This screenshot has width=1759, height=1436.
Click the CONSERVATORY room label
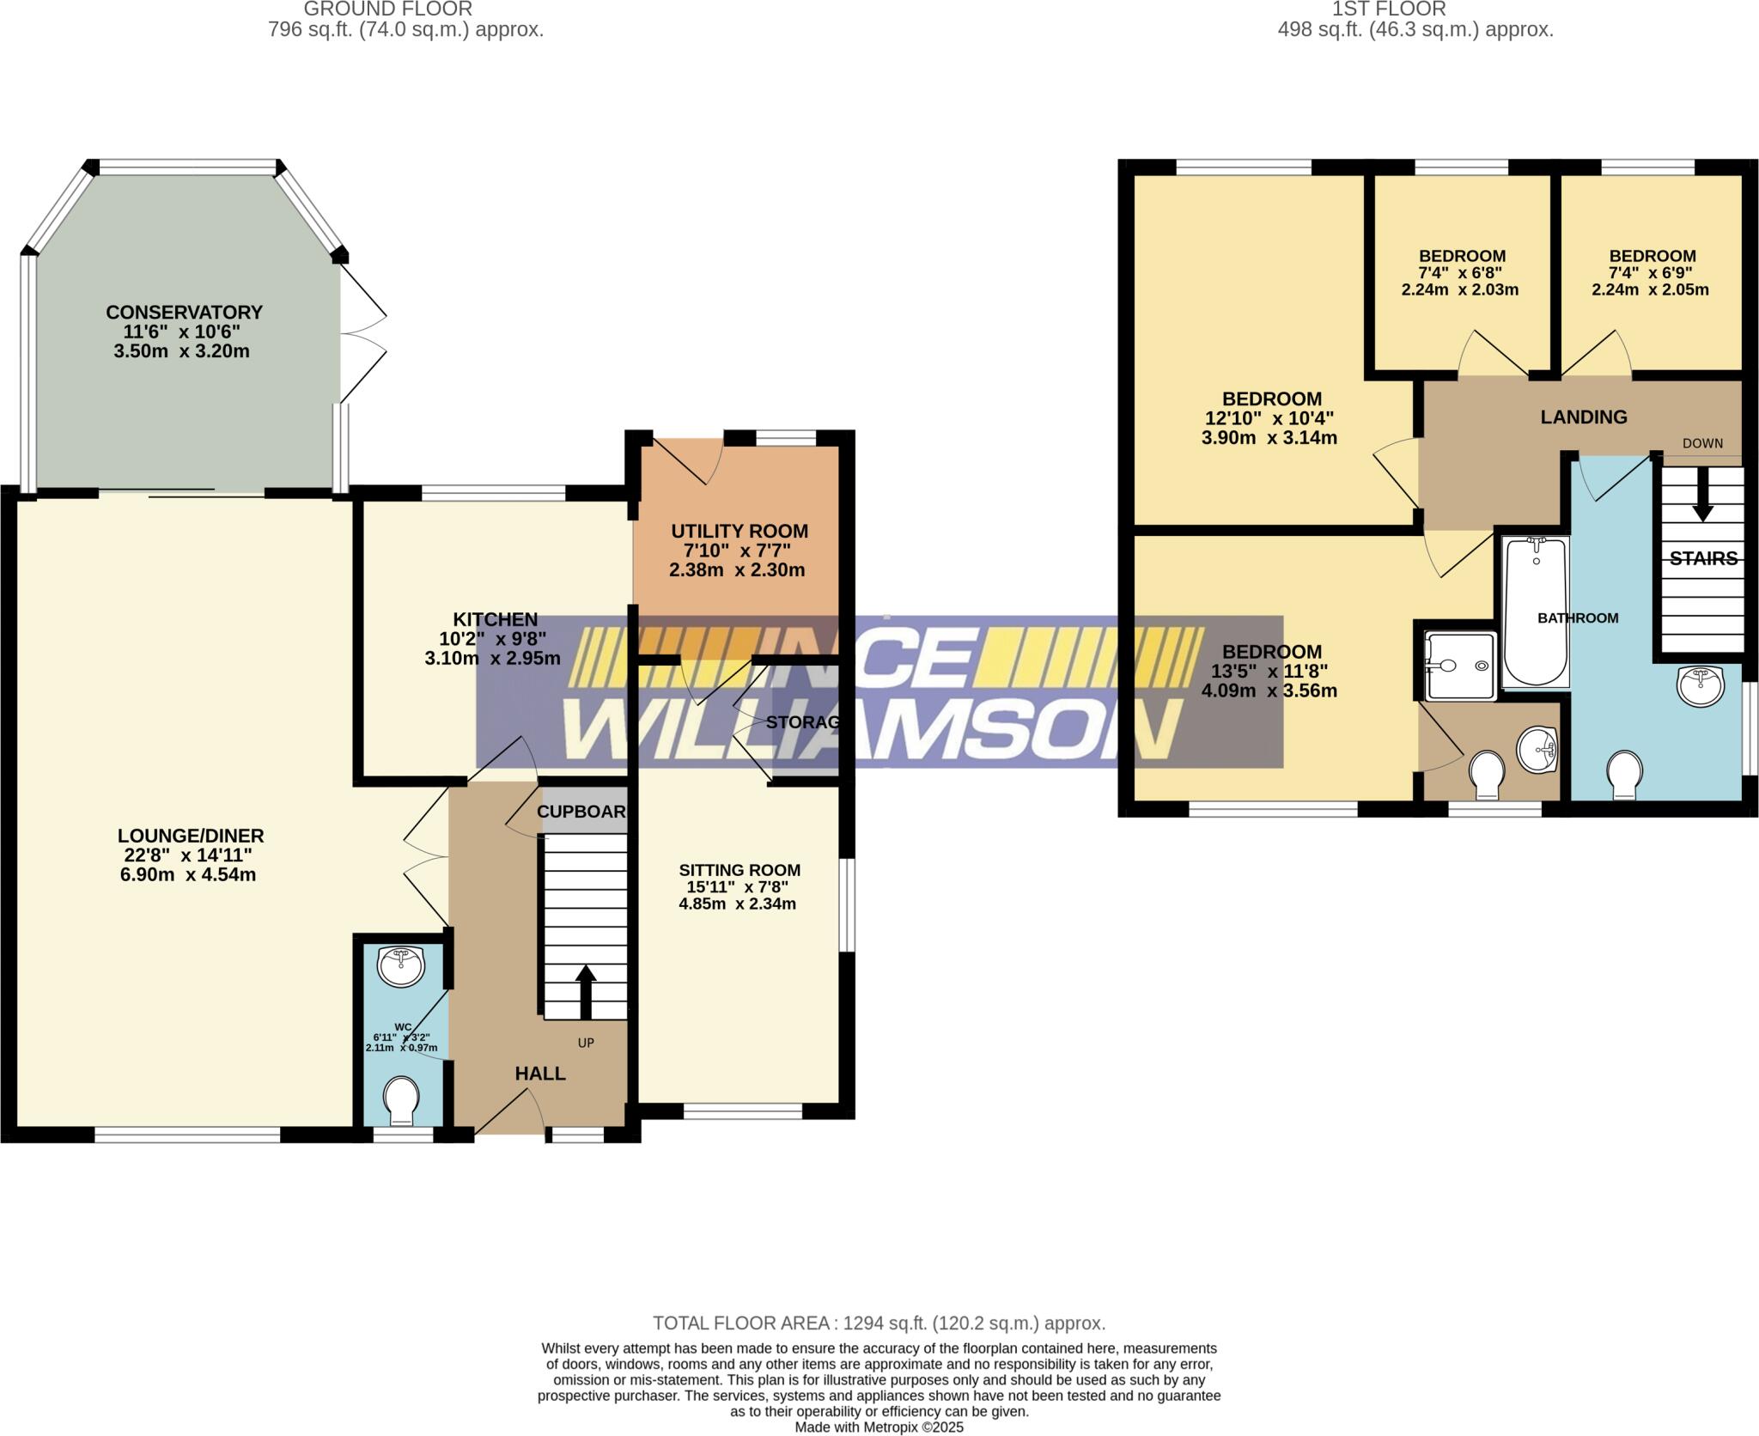click(184, 312)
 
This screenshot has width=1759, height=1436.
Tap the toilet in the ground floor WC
click(401, 1100)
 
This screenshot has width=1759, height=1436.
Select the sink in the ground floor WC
click(401, 966)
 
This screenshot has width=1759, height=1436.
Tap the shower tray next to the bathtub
click(1460, 665)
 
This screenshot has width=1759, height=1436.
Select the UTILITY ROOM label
click(740, 531)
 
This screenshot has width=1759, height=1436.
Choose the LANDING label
click(1583, 417)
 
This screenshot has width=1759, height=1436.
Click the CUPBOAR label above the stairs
click(581, 812)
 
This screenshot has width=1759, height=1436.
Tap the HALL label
click(540, 1073)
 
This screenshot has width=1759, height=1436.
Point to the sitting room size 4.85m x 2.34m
click(737, 904)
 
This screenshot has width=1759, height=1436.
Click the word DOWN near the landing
click(1702, 443)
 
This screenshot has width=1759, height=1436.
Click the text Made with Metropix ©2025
click(879, 1427)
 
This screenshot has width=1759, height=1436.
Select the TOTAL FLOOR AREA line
click(879, 1323)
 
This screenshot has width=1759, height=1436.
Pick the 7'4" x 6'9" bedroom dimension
click(1652, 273)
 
